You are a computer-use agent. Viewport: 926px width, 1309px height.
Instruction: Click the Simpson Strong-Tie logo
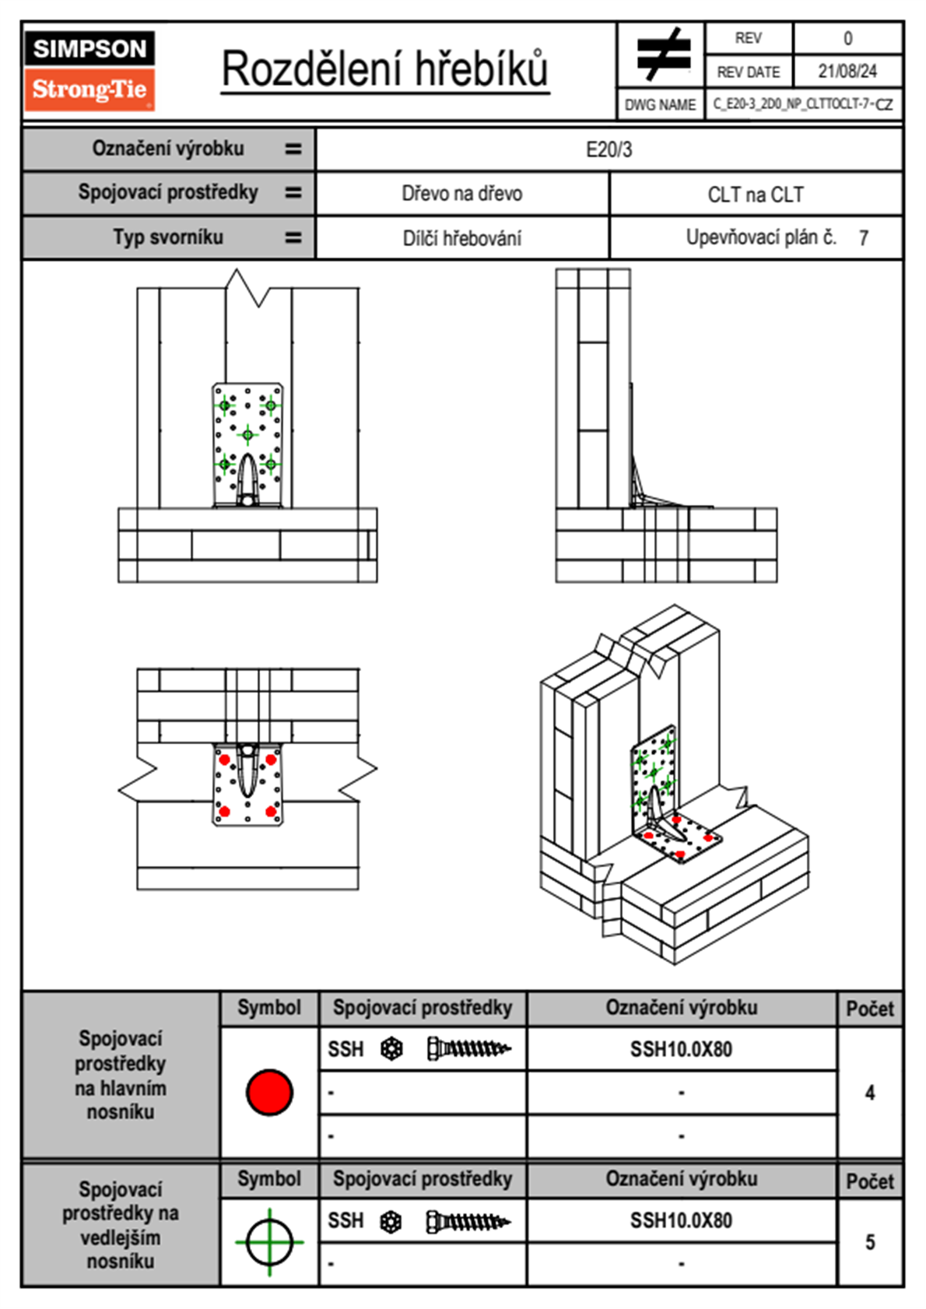89,71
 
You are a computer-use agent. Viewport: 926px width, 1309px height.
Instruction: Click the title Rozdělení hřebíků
385,68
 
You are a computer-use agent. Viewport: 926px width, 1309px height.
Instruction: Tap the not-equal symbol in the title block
662,54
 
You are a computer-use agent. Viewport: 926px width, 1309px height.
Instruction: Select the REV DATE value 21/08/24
847,72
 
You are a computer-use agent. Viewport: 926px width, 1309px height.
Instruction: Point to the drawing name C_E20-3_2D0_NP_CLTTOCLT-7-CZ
803,104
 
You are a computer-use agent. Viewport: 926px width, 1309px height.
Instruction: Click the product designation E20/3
609,149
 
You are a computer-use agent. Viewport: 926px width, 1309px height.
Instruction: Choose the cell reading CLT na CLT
755,195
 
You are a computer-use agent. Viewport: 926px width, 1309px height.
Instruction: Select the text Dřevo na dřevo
461,194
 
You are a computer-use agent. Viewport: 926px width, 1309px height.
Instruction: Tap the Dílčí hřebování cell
461,238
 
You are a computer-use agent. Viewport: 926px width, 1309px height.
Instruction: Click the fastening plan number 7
863,238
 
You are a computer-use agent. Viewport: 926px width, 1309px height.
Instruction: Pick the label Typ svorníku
168,237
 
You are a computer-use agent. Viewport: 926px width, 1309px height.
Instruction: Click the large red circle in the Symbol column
269,1092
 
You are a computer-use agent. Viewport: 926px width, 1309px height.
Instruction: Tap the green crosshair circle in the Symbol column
269,1242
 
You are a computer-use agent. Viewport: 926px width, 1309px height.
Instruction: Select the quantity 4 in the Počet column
869,1093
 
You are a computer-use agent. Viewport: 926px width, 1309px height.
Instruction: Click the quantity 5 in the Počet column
869,1242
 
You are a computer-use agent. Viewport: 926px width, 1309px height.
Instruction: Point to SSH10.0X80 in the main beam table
681,1049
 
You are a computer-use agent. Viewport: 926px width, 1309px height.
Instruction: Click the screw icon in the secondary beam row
468,1222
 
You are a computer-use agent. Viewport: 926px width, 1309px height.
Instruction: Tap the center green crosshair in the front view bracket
247,434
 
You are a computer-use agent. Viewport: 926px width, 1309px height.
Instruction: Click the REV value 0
847,38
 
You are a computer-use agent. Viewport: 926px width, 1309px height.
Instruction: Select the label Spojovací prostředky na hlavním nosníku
121,1075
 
